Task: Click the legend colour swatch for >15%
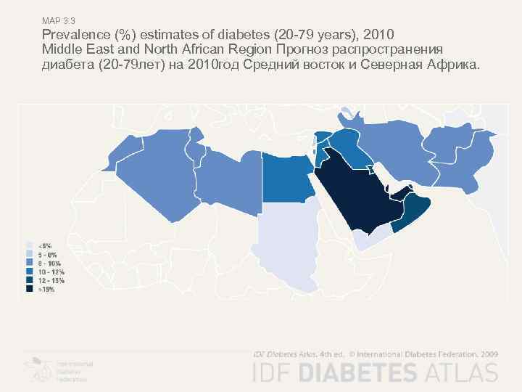tap(30, 288)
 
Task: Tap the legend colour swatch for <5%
tap(30, 245)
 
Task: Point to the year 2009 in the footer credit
tap(487, 354)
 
